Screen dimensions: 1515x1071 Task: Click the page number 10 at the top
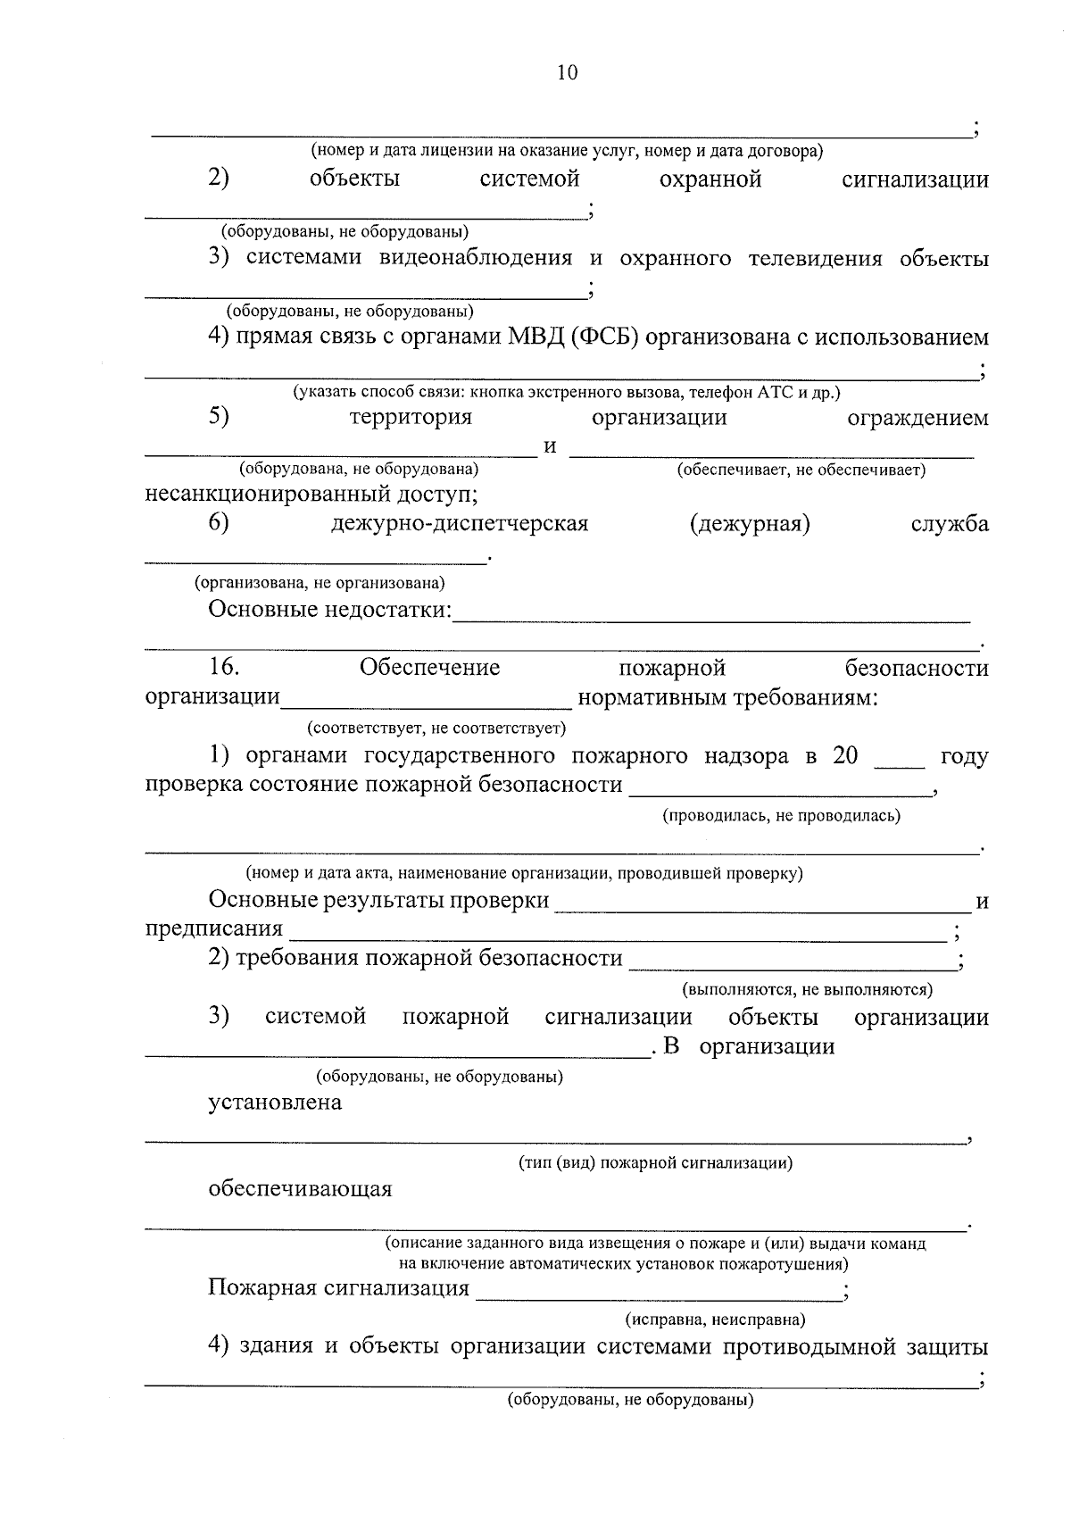tap(567, 73)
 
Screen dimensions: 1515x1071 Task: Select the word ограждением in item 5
tap(917, 418)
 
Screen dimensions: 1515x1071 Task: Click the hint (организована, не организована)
tap(320, 583)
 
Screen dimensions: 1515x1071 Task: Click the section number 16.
tap(223, 668)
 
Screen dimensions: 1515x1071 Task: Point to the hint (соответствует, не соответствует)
tap(436, 728)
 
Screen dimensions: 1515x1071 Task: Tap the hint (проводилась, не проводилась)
tap(781, 815)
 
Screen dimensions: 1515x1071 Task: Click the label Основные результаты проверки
tap(378, 901)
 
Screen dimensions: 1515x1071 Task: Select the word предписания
tap(213, 929)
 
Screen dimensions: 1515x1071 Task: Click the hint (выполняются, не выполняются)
tap(807, 989)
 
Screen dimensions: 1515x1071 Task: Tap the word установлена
tap(275, 1103)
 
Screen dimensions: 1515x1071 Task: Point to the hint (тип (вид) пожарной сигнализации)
tap(655, 1163)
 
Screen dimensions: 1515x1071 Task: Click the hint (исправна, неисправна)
tap(715, 1319)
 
